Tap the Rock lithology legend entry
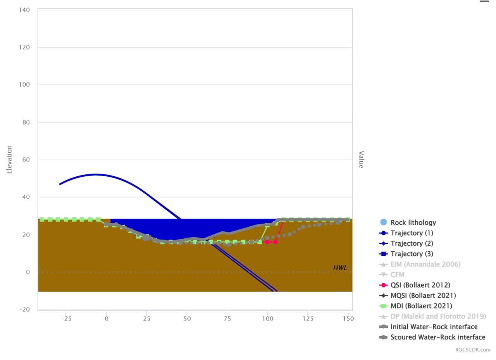413,222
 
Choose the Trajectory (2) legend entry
412,243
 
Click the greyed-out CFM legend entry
397,275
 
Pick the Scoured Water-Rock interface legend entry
437,337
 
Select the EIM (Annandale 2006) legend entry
425,264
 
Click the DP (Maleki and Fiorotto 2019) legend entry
438,316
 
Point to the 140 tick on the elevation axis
24,10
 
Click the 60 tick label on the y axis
26,160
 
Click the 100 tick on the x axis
267,319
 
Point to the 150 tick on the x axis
348,319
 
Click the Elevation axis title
9,159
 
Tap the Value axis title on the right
361,159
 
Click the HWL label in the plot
340,268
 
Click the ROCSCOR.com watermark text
472,350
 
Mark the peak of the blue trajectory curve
96,174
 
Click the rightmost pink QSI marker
276,242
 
